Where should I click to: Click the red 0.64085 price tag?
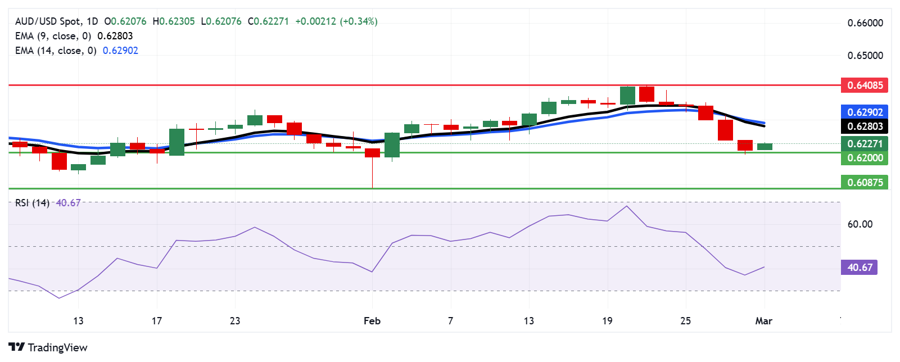coord(865,85)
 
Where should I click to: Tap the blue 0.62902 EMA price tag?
coord(865,112)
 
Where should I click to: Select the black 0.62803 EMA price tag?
coord(865,126)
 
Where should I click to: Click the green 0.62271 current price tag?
coord(865,144)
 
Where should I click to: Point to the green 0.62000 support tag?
coord(865,158)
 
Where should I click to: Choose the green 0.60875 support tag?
coord(865,182)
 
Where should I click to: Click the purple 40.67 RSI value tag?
coord(859,268)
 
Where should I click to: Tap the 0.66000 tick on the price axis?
coord(865,23)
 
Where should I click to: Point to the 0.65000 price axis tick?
coord(865,56)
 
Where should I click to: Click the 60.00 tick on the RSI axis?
coord(860,224)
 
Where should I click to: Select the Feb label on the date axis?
coord(372,321)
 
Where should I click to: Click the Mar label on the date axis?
coord(763,321)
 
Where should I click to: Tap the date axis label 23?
coord(235,321)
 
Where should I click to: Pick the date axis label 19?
coord(607,321)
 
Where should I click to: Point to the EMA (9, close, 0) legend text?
coord(53,36)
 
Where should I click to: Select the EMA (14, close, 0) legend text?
coord(56,51)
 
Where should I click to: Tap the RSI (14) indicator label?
coord(32,203)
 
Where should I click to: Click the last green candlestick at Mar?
coord(765,147)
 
